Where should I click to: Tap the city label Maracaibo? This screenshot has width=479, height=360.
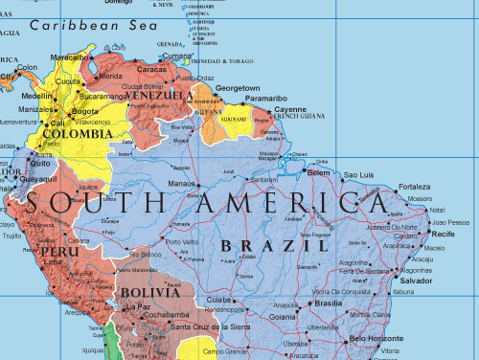coord(69,57)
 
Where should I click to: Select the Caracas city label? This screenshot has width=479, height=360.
coord(152,69)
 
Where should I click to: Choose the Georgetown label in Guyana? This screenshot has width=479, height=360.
coord(237,87)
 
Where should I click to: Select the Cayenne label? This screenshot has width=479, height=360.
coord(290,109)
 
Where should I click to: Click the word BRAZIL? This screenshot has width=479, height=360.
coord(268,245)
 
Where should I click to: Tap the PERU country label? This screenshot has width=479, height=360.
coord(57,252)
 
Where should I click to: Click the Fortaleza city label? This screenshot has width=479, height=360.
coord(414,186)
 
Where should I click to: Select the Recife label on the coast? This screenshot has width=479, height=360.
coord(443,234)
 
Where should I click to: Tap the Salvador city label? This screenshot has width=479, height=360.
coord(416,281)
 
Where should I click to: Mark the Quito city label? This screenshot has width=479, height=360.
coord(39,163)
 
